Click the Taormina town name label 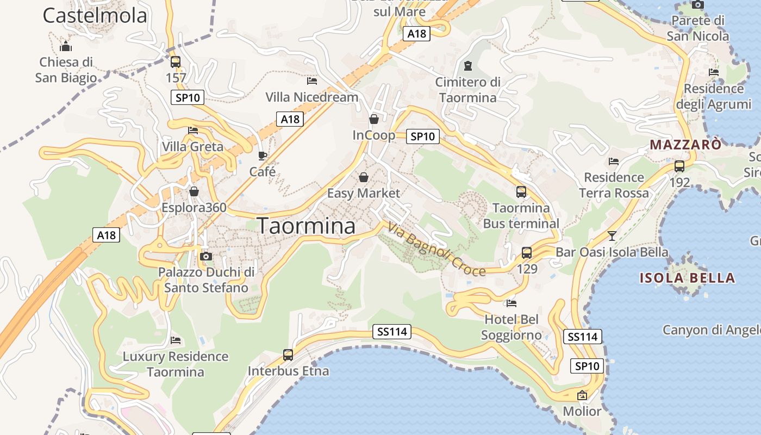pos(306,226)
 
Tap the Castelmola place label pos(95,16)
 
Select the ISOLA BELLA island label pos(687,278)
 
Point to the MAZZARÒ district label pos(685,145)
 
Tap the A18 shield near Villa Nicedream pos(290,119)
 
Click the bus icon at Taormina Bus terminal pos(521,192)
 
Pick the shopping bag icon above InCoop pos(374,119)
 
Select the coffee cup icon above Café pos(263,156)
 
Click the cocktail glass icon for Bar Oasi pos(612,236)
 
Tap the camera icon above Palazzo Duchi pos(206,256)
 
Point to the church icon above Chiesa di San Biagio pos(66,46)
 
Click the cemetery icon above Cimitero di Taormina pos(467,66)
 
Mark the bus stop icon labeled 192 pos(679,166)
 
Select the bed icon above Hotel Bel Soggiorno pos(511,303)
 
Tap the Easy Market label pos(363,193)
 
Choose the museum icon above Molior pos(582,395)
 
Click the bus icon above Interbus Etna pos(288,355)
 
